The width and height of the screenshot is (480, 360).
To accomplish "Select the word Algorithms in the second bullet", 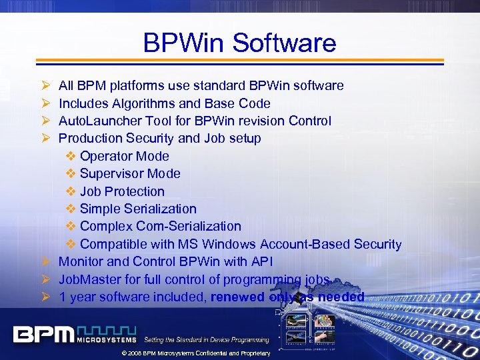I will [x=139, y=103].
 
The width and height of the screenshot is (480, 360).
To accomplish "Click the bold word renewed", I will [x=237, y=297].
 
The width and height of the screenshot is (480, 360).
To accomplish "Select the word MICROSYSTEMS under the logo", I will [x=106, y=339].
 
